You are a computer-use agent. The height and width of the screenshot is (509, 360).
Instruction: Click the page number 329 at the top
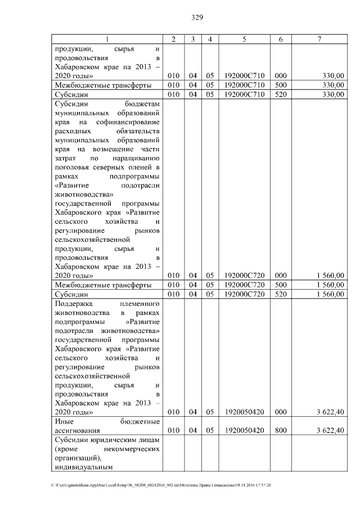[x=197, y=17]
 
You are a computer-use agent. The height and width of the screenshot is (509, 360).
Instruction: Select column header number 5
[x=244, y=39]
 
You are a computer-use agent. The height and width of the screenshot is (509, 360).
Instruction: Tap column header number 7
[x=319, y=39]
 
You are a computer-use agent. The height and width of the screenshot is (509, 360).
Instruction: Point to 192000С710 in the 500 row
[x=244, y=85]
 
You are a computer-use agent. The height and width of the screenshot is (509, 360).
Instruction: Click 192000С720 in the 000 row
[x=244, y=275]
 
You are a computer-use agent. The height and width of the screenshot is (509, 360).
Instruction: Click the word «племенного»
[x=139, y=304]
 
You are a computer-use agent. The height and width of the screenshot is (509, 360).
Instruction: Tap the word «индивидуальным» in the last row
[x=83, y=467]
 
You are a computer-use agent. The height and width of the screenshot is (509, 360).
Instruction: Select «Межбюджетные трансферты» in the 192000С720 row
[x=102, y=285]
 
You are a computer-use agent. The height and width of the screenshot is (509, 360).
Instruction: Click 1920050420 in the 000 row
[x=244, y=412]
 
